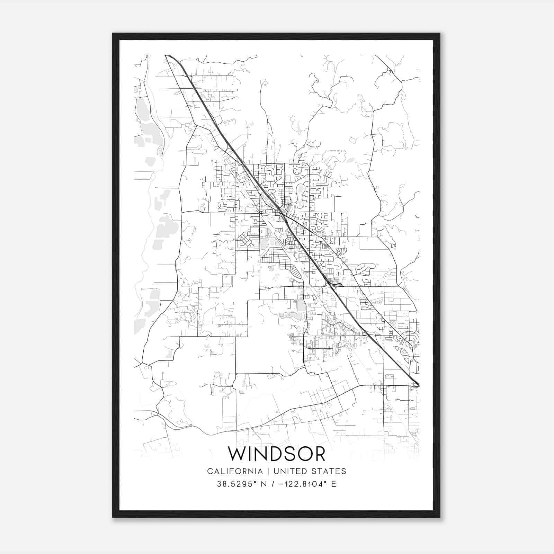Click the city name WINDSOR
coord(277,454)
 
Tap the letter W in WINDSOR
coord(236,454)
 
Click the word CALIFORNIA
coord(235,471)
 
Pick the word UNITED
coord(288,471)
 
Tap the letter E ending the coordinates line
coord(334,484)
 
